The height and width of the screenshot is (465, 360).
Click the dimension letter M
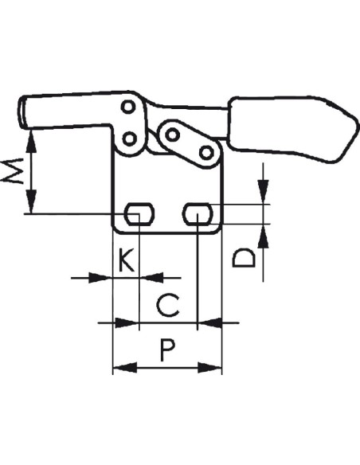point(12,171)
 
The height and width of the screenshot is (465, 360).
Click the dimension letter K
point(127,260)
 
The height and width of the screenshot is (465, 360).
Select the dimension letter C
point(168,306)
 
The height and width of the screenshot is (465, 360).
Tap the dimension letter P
point(167,350)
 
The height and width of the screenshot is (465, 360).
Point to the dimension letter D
point(244,259)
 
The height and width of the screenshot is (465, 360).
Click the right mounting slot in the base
point(198,214)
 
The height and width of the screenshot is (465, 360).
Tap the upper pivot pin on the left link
point(128,107)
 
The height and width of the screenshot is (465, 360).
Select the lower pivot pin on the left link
point(130,139)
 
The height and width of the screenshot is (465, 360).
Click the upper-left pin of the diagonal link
point(172,135)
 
